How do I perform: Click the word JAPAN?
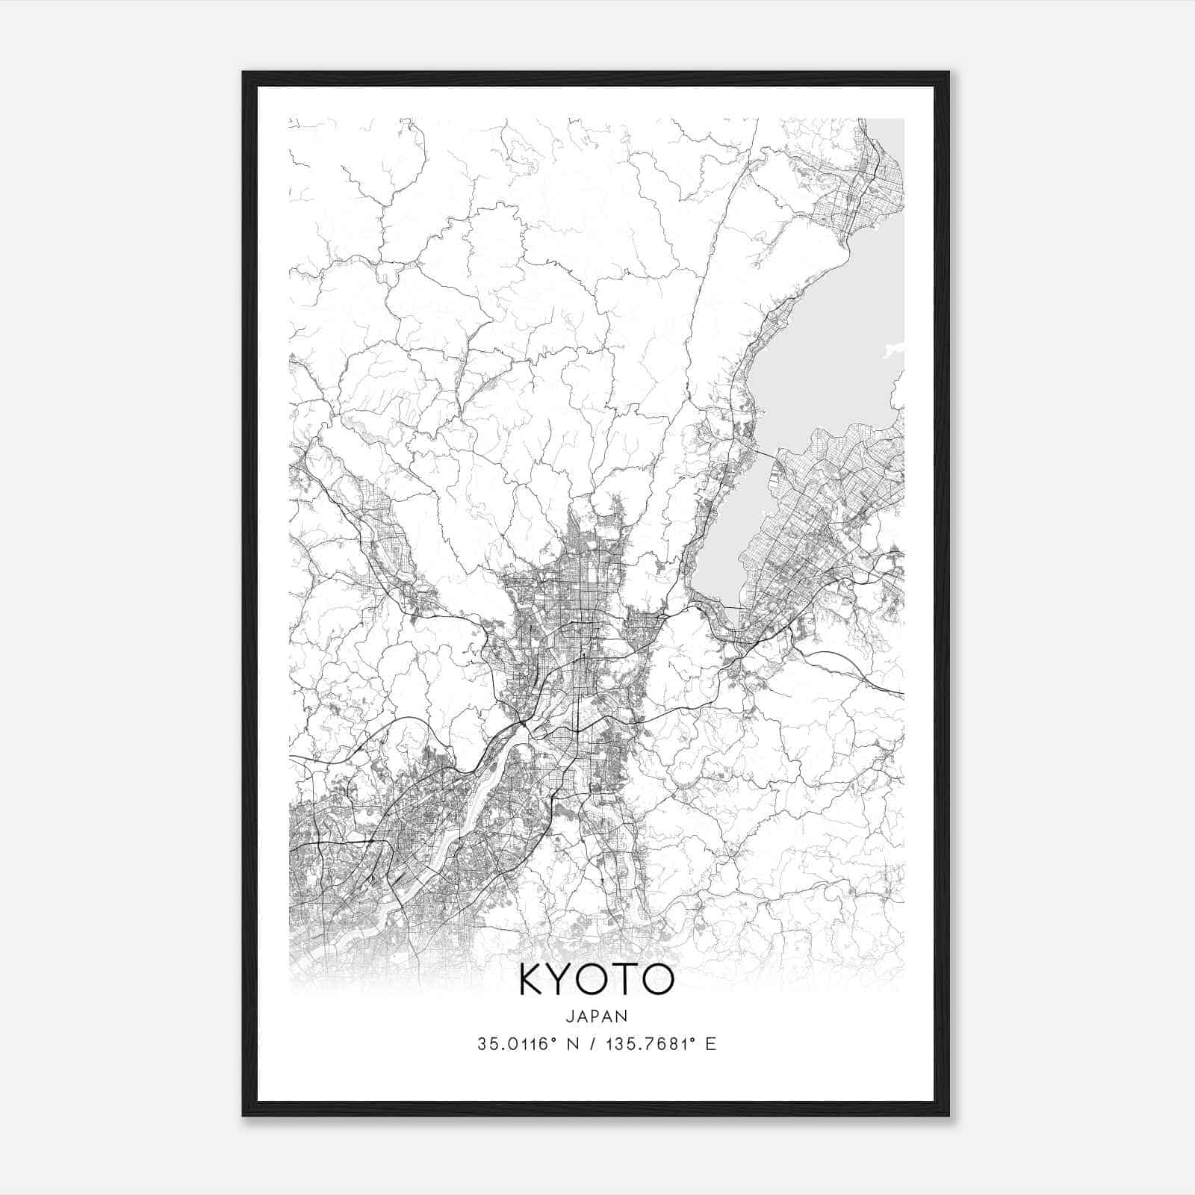click(x=597, y=1016)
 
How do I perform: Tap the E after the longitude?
click(x=711, y=1043)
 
